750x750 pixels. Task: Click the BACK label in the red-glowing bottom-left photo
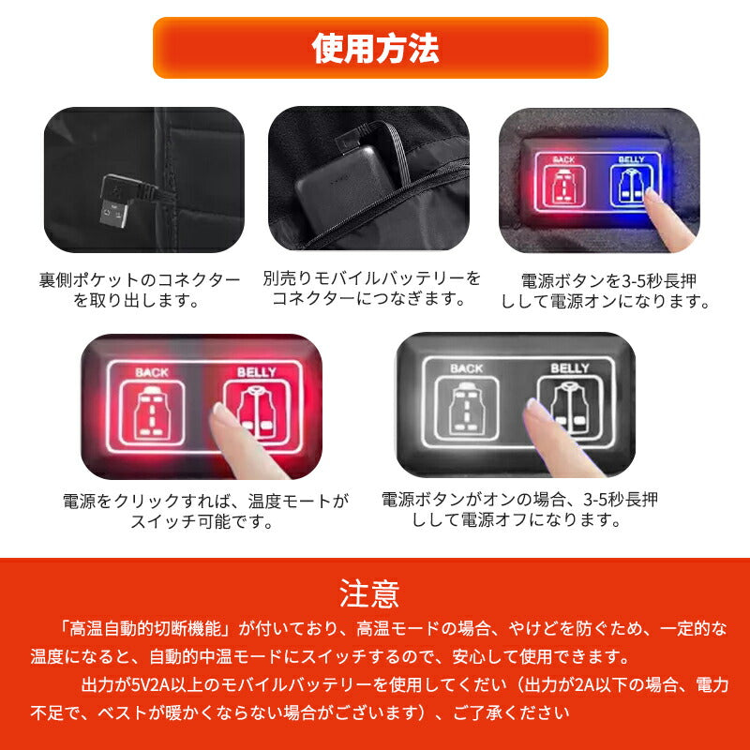pos(151,372)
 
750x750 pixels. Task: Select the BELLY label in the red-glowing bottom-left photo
pos(256,372)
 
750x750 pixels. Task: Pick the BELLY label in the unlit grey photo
pos(569,368)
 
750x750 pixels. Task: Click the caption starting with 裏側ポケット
pos(140,290)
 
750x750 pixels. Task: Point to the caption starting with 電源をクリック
pos(204,511)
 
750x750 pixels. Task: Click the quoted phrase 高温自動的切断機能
pos(144,626)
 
